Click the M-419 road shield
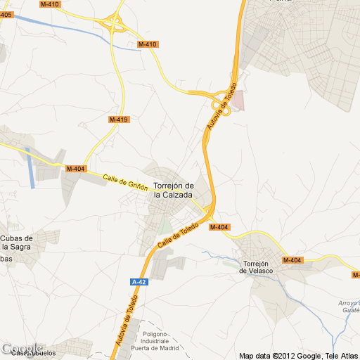pyautogui.click(x=118, y=120)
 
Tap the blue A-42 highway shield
pyautogui.click(x=139, y=282)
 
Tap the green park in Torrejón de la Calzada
pyautogui.click(x=165, y=226)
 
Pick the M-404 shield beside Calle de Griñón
pyautogui.click(x=75, y=169)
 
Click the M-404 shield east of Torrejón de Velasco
pyautogui.click(x=292, y=261)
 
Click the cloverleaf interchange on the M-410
pyautogui.click(x=112, y=24)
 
